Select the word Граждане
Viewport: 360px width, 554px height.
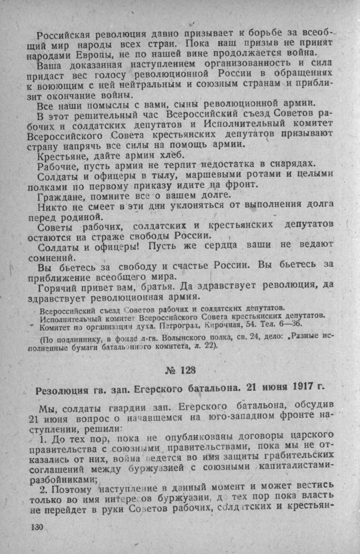point(61,196)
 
